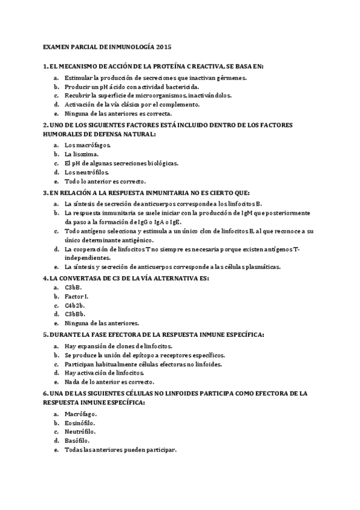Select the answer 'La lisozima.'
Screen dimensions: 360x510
point(82,154)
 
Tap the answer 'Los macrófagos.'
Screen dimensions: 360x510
point(87,145)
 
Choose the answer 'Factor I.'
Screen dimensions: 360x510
point(77,296)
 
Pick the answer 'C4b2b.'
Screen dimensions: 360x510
point(75,305)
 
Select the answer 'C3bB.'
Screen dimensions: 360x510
point(73,287)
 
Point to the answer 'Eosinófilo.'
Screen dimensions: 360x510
point(81,423)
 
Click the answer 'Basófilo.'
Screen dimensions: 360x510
point(78,440)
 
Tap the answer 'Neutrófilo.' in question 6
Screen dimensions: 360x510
point(80,431)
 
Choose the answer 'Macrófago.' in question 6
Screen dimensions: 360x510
point(81,414)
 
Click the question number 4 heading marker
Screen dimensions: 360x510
point(46,278)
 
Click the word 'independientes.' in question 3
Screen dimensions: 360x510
point(85,258)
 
